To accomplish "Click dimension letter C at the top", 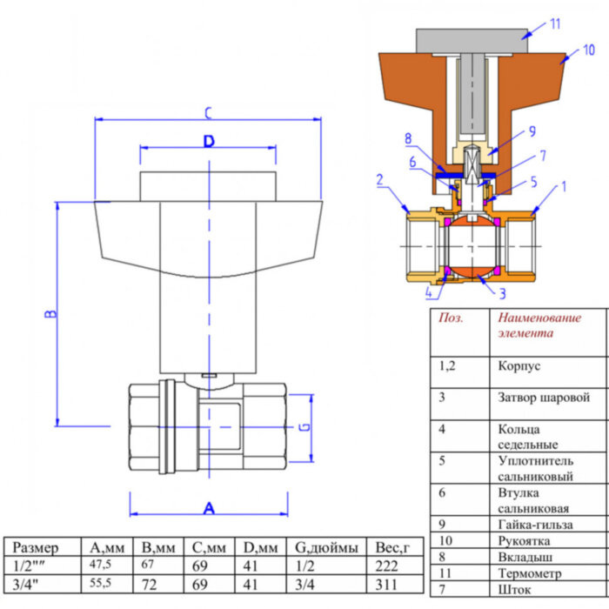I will [208, 112].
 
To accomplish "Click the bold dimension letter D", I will [209, 142].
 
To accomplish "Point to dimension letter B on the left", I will [50, 313].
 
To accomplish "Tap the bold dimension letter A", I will [209, 507].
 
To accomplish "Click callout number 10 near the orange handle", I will [589, 50].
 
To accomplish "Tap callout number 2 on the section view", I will [380, 180].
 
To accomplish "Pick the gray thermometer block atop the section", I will [471, 39].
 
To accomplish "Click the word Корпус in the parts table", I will [519, 366].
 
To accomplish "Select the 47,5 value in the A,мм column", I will [102, 565].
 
